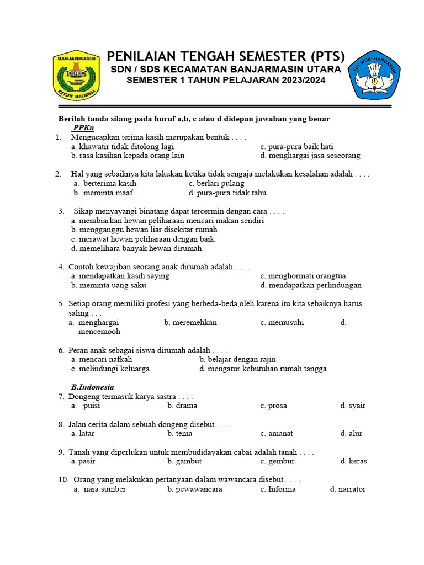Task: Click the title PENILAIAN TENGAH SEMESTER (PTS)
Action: (x=225, y=56)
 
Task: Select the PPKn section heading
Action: (x=83, y=127)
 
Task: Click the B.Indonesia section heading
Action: (x=92, y=387)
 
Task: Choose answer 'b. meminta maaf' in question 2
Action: (x=103, y=193)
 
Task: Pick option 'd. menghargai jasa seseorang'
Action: (x=310, y=156)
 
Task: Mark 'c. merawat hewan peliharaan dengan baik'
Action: (x=142, y=239)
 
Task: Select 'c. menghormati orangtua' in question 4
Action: (x=303, y=275)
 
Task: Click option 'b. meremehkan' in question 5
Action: (x=190, y=322)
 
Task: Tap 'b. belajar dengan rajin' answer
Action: (x=237, y=359)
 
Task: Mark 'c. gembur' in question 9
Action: (x=277, y=461)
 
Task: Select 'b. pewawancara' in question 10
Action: (x=195, y=489)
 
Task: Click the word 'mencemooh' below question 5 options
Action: (x=99, y=332)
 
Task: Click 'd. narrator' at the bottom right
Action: (x=347, y=489)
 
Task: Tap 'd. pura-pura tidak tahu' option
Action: (x=227, y=193)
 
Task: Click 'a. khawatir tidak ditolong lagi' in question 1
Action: (x=123, y=146)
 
